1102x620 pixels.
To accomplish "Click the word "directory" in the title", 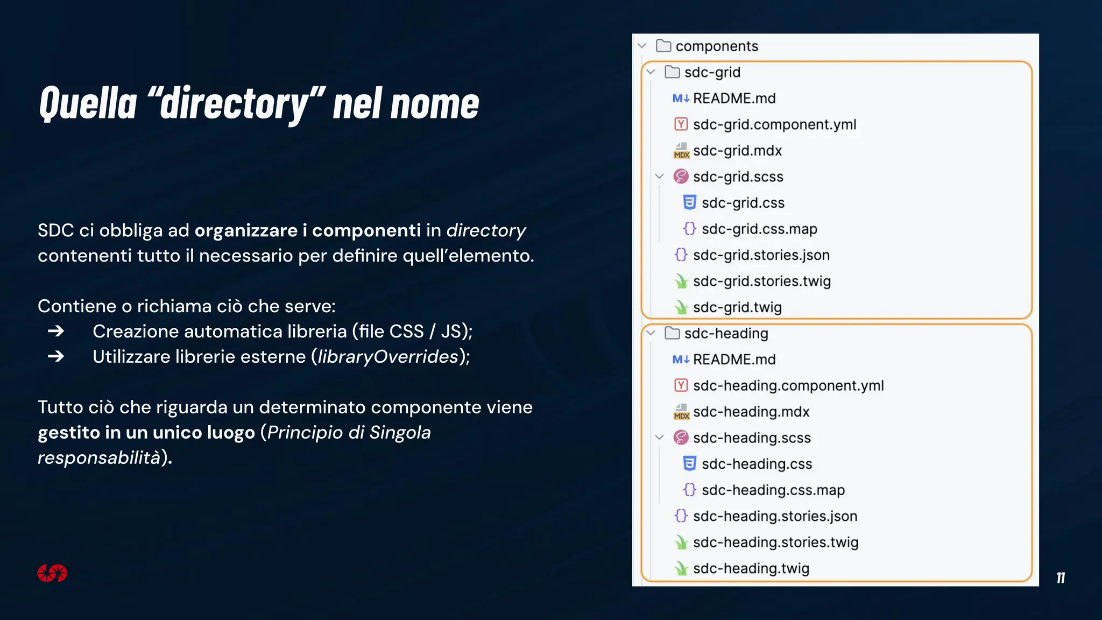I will point(234,103).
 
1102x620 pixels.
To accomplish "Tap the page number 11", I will point(1060,578).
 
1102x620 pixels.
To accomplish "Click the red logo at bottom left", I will point(52,573).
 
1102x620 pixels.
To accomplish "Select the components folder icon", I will point(663,46).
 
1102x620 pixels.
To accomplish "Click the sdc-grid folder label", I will point(712,72).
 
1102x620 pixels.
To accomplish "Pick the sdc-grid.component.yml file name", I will point(774,124).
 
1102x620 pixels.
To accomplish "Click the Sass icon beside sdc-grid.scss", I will point(681,177).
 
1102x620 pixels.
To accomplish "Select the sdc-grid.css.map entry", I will point(759,229).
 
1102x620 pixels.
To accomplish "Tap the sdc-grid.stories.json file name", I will point(761,255).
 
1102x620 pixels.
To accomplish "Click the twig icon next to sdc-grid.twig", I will point(681,307).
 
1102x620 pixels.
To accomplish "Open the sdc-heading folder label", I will point(726,333).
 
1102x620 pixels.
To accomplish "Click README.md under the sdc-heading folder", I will point(734,360).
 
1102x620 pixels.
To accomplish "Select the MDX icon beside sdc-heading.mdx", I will point(681,412).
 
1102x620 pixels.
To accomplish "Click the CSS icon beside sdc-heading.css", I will point(689,464).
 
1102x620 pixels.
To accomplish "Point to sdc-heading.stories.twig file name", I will point(775,542).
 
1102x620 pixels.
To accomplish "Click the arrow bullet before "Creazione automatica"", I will point(56,331).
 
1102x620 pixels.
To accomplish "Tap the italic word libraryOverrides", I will point(387,356).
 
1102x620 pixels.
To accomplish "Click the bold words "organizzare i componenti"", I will point(307,230).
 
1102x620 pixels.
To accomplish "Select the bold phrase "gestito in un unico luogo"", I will point(146,432).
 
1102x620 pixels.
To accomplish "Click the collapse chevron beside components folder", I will point(642,46).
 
